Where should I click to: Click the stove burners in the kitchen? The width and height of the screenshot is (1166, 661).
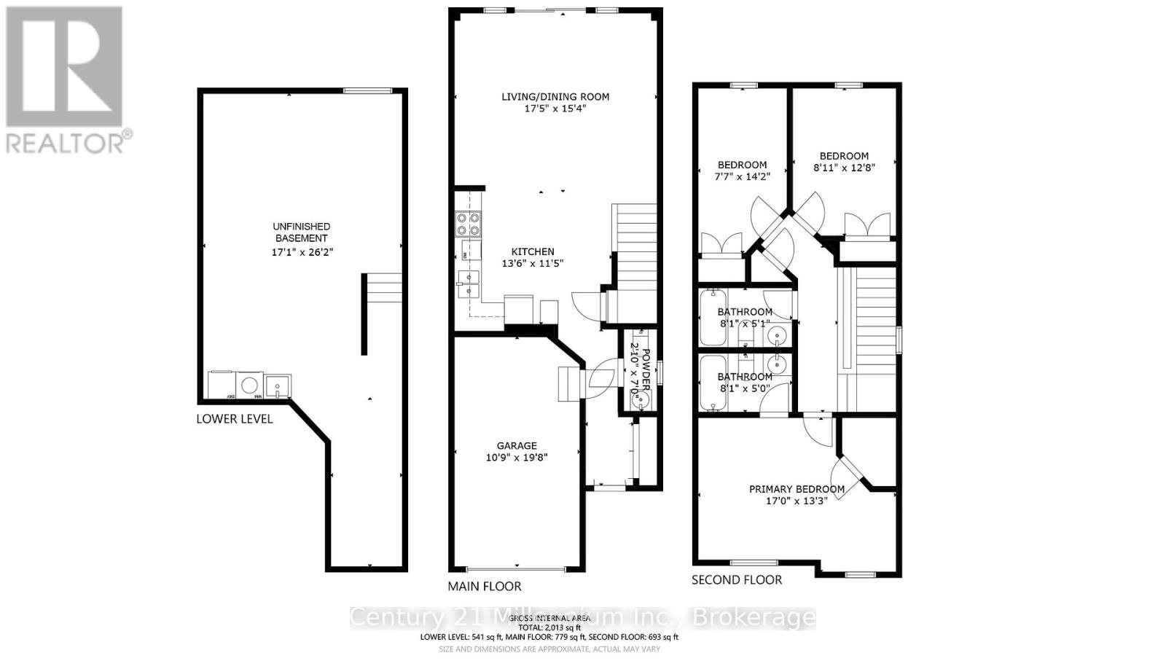pyautogui.click(x=468, y=224)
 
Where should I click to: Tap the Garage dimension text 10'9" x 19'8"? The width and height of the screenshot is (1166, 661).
pyautogui.click(x=517, y=458)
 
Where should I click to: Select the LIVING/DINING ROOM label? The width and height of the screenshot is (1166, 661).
pyautogui.click(x=555, y=96)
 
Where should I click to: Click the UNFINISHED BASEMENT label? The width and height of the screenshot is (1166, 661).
pyautogui.click(x=302, y=232)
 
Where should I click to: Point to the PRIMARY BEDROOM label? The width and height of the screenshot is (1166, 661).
pyautogui.click(x=797, y=489)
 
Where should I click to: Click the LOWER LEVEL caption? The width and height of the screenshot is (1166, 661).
pyautogui.click(x=235, y=419)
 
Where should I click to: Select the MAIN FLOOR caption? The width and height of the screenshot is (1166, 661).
pyautogui.click(x=485, y=586)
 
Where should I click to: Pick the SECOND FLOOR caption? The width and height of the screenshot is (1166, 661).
pyautogui.click(x=737, y=580)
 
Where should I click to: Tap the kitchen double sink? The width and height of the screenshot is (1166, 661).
pyautogui.click(x=468, y=284)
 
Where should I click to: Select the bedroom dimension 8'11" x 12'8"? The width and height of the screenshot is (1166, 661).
pyautogui.click(x=844, y=167)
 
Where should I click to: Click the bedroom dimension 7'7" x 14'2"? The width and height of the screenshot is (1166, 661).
pyautogui.click(x=742, y=176)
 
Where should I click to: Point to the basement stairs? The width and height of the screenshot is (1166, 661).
pyautogui.click(x=384, y=288)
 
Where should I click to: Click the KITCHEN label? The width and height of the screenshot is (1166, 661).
pyautogui.click(x=532, y=251)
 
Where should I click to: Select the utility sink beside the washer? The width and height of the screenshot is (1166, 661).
pyautogui.click(x=278, y=386)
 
